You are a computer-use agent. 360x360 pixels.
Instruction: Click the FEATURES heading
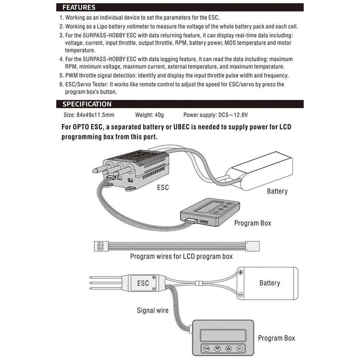pyautogui.click(x=79, y=7)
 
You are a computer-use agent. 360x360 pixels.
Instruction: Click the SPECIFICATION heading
pyautogui.click(x=87, y=104)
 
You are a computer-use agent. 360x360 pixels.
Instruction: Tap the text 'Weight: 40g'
pyautogui.click(x=149, y=115)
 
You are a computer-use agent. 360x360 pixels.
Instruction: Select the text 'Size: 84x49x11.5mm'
pyautogui.click(x=89, y=115)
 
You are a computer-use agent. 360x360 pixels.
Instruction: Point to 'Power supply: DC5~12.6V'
pyautogui.click(x=216, y=115)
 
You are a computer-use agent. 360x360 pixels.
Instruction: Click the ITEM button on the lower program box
pyautogui.click(x=206, y=348)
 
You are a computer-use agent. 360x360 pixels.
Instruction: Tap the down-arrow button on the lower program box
pyautogui.click(x=217, y=348)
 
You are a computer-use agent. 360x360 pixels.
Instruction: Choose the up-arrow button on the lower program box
pyautogui.click(x=229, y=348)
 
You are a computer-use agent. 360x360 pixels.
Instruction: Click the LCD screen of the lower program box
pyautogui.click(x=223, y=336)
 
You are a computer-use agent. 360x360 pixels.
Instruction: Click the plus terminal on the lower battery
pyautogui.click(x=240, y=272)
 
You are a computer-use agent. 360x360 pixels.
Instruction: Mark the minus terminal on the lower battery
pyautogui.click(x=240, y=294)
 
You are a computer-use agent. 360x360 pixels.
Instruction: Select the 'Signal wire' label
pyautogui.click(x=153, y=310)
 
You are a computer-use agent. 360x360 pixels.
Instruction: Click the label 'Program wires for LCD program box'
pyautogui.click(x=181, y=256)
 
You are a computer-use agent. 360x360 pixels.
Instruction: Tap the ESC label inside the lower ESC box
pyautogui.click(x=143, y=283)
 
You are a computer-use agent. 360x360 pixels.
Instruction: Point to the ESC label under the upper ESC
pyautogui.click(x=163, y=188)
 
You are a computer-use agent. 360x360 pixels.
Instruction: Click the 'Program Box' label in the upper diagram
pyautogui.click(x=253, y=223)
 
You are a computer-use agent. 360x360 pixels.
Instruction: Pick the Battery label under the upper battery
pyautogui.click(x=277, y=191)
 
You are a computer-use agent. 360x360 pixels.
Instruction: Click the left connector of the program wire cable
pyautogui.click(x=101, y=246)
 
